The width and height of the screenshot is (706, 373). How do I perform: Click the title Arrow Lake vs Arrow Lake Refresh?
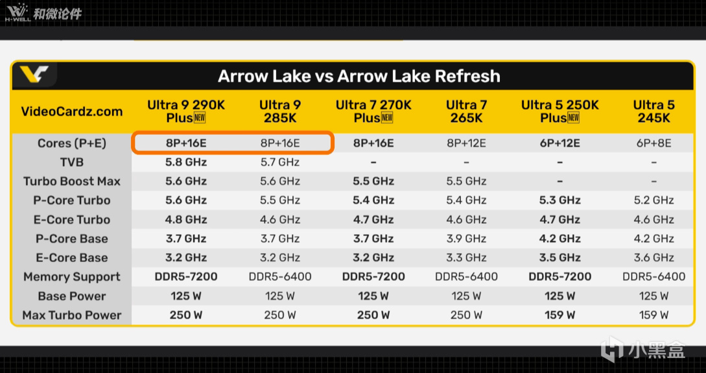point(359,76)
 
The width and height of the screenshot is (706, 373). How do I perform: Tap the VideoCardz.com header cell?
point(71,112)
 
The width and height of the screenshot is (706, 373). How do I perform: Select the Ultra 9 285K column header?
point(279,112)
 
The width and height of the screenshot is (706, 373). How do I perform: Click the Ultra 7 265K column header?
point(466,112)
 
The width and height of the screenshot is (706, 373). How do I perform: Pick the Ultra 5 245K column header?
point(653,112)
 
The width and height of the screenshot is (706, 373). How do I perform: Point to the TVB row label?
point(71,162)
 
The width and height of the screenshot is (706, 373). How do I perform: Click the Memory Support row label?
point(71,276)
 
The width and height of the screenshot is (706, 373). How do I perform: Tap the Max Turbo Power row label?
point(71,315)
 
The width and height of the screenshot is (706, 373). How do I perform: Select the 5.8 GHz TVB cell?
point(186,162)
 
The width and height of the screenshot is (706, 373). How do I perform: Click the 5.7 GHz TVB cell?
point(279,162)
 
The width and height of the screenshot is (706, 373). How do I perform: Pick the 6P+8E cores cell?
point(653,143)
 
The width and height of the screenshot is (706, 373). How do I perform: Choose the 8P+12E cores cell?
point(466,143)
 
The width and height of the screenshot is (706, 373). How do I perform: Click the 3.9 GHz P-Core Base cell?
point(466,239)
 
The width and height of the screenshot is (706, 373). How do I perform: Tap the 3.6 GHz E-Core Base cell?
point(653,258)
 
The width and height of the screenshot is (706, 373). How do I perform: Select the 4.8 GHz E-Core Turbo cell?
point(186,219)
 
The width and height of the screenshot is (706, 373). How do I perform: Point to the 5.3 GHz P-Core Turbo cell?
point(559,200)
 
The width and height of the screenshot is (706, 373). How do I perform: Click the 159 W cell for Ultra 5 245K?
point(653,315)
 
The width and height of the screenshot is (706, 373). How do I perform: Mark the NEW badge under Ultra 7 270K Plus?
point(387,118)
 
